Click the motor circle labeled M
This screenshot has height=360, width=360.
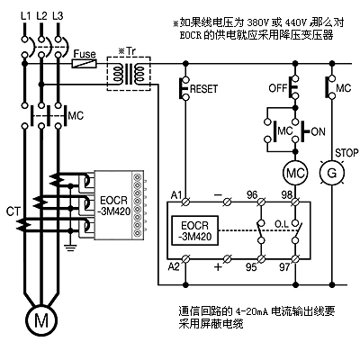(x=41, y=320)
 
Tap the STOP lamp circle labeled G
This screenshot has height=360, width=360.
(x=331, y=173)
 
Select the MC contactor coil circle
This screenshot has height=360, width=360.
(x=295, y=173)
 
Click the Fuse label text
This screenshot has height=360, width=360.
(x=85, y=54)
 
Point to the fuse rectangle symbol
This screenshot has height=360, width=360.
(x=84, y=64)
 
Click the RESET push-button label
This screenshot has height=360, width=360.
(x=203, y=89)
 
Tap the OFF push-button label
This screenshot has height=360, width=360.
(x=278, y=88)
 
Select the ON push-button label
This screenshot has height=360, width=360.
(x=319, y=131)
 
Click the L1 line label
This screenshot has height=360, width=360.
(x=26, y=15)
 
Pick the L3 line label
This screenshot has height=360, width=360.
(x=58, y=15)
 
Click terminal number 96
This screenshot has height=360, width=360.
(x=252, y=195)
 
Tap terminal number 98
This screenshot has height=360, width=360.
(x=287, y=195)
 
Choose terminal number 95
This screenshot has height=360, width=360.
(x=251, y=267)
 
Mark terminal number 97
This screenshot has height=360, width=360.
(x=284, y=267)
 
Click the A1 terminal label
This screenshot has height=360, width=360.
(x=176, y=195)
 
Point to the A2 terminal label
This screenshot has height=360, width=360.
(x=174, y=266)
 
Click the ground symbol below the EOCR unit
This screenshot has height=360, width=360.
(x=70, y=247)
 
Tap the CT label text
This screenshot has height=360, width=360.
(x=13, y=212)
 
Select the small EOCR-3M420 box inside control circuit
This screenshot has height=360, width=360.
(x=195, y=230)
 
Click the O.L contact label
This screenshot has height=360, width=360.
(x=282, y=224)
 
